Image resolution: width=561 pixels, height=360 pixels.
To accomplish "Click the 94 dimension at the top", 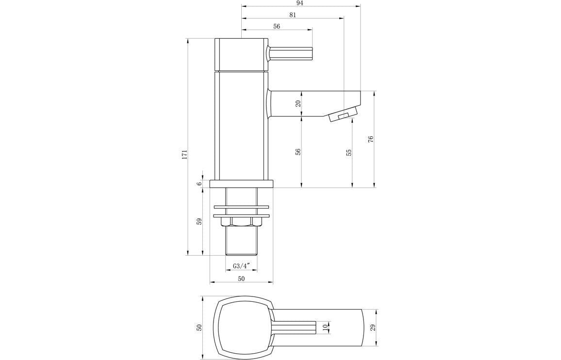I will pos(300,3).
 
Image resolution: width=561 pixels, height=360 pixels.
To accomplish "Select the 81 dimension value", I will pos(293,15).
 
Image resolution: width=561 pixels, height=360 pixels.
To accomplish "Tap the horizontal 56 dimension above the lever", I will pos(277,27).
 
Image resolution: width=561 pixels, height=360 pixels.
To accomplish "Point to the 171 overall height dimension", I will pos(184,154).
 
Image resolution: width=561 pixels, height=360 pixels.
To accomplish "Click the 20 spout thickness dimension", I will pos(298,103).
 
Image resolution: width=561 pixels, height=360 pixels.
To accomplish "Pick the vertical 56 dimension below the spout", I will pos(298,152).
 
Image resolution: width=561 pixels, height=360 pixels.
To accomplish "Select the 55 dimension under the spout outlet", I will pos(349,153).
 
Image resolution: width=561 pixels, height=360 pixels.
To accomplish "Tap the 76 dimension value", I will pos(371,139).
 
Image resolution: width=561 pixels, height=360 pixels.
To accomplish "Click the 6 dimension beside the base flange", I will pos(199,184).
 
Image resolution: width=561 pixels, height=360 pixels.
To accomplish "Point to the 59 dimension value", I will pos(199,221).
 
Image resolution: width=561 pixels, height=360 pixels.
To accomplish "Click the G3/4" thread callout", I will pos(241,266).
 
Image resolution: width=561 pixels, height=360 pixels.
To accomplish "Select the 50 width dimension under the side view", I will pos(241,278).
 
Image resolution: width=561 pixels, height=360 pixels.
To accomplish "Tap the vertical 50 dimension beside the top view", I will pos(199,328).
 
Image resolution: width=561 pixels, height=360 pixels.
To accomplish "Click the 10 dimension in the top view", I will pos(325,328).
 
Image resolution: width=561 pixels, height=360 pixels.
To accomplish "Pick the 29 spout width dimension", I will pos(373,328).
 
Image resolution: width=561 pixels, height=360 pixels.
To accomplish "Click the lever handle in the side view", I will pos(290,53).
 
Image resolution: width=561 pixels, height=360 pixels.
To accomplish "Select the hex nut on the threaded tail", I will pos(241,222).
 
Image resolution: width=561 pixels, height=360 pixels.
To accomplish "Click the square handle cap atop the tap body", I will pos(241,54).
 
